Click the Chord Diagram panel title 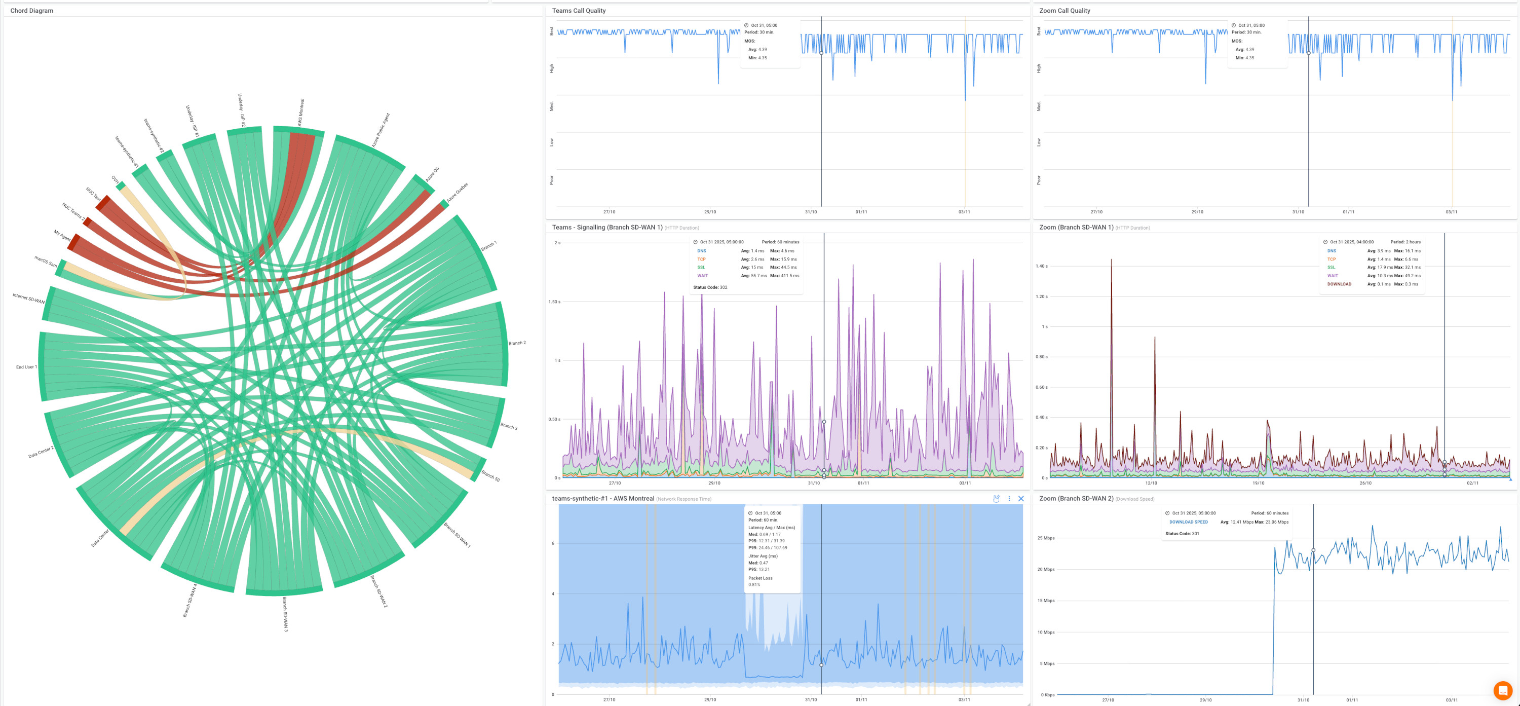pos(32,11)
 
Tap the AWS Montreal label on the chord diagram pos(300,112)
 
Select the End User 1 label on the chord pos(26,367)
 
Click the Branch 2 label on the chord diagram pos(517,343)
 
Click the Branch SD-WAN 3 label pos(285,614)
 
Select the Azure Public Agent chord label pos(381,130)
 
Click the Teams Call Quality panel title pos(578,11)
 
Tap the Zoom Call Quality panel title pos(1065,11)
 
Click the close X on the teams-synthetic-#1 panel pos(1021,499)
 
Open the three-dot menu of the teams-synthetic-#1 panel pos(1009,499)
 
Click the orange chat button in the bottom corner pos(1502,689)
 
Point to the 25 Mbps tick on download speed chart pos(1046,538)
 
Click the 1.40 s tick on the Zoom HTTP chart pos(1042,266)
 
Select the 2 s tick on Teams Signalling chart pos(557,243)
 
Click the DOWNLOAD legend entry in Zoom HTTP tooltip pos(1339,284)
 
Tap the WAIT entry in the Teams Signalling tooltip pos(702,276)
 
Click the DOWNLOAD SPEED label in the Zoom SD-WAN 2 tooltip pos(1188,522)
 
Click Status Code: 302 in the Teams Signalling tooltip pos(710,287)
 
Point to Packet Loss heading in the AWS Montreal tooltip pos(760,578)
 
